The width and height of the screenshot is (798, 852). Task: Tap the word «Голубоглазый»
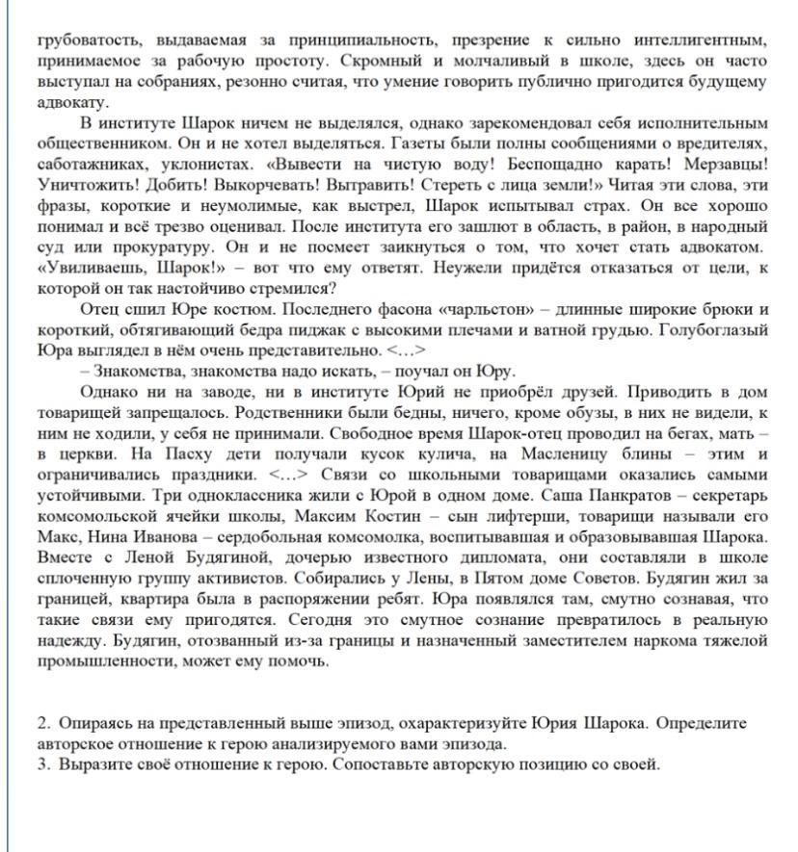[x=720, y=329]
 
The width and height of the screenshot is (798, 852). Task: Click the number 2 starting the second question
[x=42, y=723]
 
